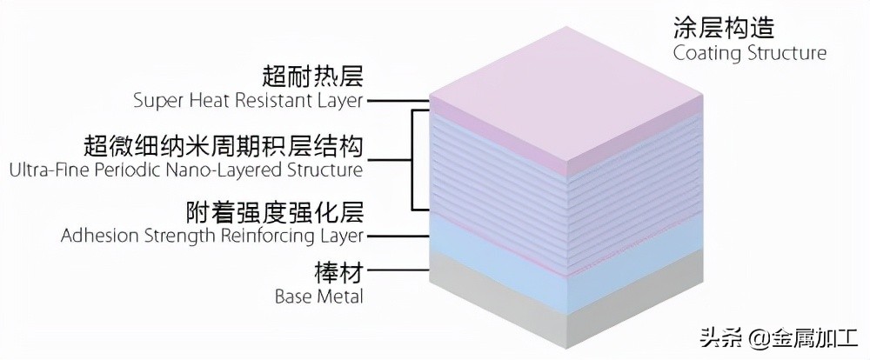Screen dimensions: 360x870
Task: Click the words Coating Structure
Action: [x=749, y=53]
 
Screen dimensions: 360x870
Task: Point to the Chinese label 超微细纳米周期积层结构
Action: [x=223, y=143]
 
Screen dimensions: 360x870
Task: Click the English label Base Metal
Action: [x=318, y=296]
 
